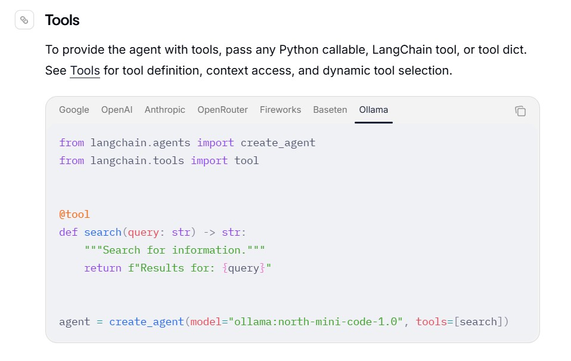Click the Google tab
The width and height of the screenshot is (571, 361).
pos(74,110)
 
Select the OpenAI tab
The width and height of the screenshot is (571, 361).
pos(117,110)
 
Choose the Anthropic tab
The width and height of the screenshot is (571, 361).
pos(165,110)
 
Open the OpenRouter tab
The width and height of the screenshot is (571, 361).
pos(222,110)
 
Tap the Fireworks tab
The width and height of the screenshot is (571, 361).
pos(280,110)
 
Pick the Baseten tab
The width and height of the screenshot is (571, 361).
pos(330,110)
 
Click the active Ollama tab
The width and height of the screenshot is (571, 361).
pos(374,110)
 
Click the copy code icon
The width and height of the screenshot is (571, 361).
pos(520,111)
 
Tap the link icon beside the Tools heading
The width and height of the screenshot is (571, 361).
pos(24,20)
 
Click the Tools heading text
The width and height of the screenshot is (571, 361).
pos(62,20)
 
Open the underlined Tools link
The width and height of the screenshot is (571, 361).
pos(85,70)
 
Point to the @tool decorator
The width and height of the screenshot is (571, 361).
pos(75,214)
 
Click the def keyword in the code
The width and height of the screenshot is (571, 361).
pos(69,232)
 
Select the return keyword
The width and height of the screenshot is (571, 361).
pos(103,268)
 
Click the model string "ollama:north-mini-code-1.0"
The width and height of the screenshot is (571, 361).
pos(316,322)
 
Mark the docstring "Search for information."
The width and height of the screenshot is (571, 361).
pos(175,250)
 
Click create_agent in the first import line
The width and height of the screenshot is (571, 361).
pos(278,143)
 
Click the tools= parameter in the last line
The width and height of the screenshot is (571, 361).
pos(435,322)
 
